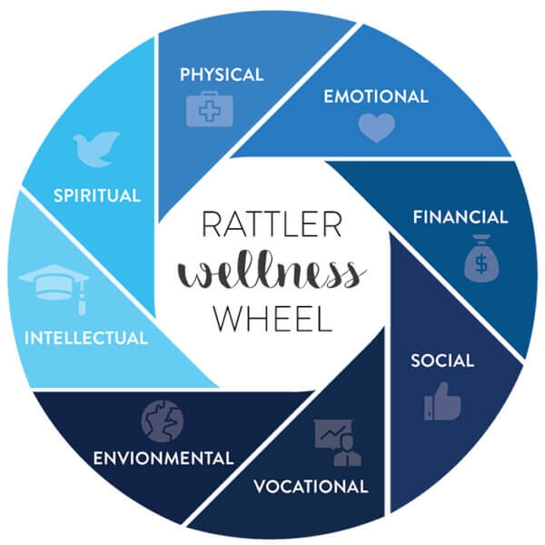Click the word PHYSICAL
click(x=222, y=74)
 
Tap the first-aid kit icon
click(x=210, y=109)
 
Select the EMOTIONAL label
click(x=376, y=96)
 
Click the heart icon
click(x=377, y=128)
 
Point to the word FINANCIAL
click(x=461, y=217)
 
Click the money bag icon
click(x=481, y=258)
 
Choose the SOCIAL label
click(x=442, y=361)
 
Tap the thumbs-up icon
click(x=442, y=401)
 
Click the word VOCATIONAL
click(x=311, y=486)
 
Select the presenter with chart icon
click(x=338, y=442)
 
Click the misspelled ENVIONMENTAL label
click(x=163, y=458)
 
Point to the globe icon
click(x=163, y=421)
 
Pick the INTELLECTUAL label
click(x=86, y=338)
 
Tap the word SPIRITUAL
click(x=97, y=195)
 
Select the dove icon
click(x=96, y=149)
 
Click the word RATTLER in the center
click(x=272, y=224)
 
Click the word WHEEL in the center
click(x=272, y=318)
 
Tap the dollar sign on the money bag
click(x=481, y=263)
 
